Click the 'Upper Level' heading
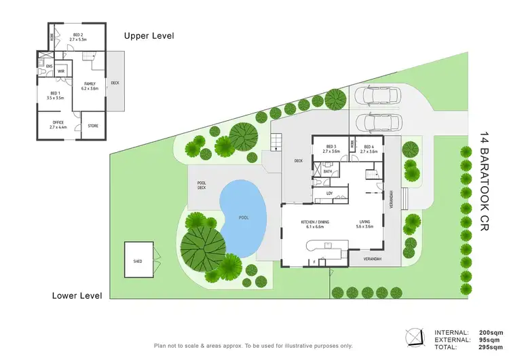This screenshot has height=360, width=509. tap(149, 36)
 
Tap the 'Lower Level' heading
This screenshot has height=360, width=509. tap(77, 295)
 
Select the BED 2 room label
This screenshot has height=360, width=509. tap(79, 37)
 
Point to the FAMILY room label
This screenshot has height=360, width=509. tap(90, 86)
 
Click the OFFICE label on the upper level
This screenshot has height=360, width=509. tap(57, 125)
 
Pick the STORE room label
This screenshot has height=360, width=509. tap(93, 126)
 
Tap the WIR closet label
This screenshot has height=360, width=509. tap(61, 71)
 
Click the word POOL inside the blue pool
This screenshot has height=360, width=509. tap(244, 218)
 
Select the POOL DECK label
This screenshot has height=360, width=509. tap(201, 185)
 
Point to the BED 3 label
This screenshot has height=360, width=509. tap(331, 149)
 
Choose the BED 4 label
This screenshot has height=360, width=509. tap(369, 149)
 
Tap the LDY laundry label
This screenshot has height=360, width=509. tap(329, 194)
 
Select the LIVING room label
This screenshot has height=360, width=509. tap(365, 225)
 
